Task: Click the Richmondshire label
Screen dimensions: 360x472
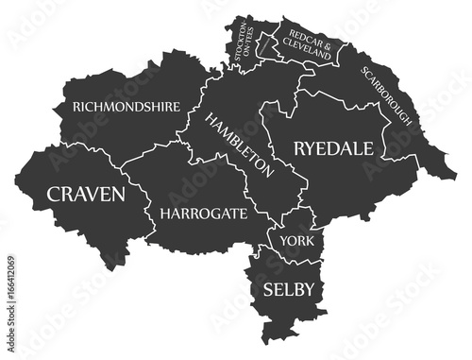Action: coord(126,108)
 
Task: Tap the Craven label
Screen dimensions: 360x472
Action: coord(86,195)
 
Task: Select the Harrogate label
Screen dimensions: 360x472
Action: coord(203,214)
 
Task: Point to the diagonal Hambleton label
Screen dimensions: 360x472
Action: coord(240,145)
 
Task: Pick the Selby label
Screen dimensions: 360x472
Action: coord(290,287)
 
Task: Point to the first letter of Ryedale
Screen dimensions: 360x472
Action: coord(300,148)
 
